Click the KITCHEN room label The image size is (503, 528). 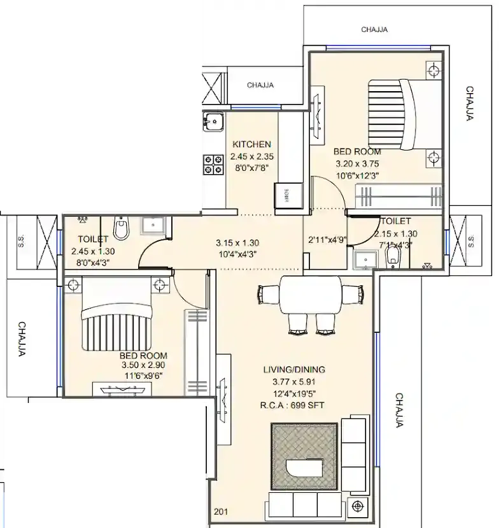point(251,144)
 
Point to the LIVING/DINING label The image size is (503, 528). point(295,369)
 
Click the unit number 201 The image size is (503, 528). point(220,511)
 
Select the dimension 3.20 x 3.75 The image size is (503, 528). point(357,164)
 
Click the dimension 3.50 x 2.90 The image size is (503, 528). point(143,366)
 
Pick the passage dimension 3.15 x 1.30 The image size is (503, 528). point(237,242)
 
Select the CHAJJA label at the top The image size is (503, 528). point(375,29)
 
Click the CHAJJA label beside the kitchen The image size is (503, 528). point(260,85)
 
